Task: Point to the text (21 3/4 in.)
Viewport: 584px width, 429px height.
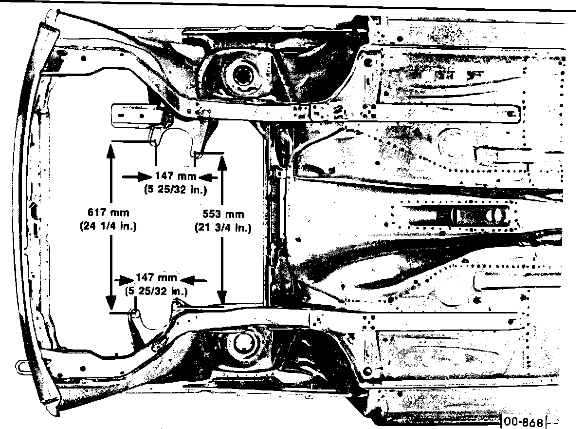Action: click(x=223, y=227)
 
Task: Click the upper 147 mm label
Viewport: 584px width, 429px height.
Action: click(x=176, y=176)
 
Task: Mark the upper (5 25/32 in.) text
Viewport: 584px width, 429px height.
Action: click(x=176, y=189)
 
